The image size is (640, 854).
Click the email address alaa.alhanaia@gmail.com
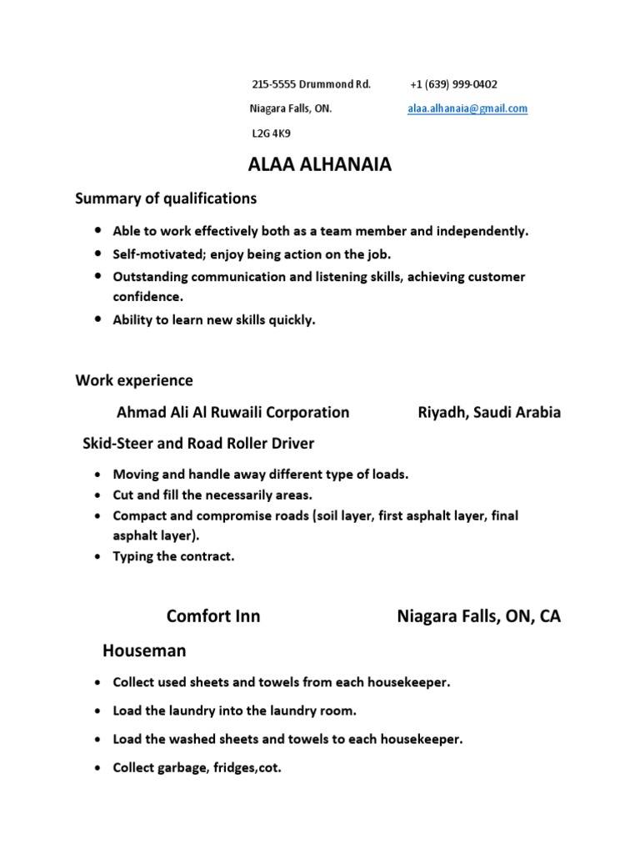coord(467,108)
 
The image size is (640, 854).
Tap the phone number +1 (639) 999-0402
coord(454,84)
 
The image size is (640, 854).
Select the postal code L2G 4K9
coord(271,133)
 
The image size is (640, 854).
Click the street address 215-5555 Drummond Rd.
coord(311,84)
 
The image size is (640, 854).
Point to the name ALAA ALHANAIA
coord(320,165)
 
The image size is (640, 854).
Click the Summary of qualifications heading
coord(166,198)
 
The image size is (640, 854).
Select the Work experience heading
coord(134,380)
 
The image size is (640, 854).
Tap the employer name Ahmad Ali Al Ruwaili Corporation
coord(232,412)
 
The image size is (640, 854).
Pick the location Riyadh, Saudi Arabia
coord(488,412)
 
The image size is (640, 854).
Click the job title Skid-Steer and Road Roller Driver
coord(198,443)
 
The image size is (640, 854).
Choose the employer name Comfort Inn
coord(213,616)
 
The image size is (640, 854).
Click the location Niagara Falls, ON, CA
coord(478,616)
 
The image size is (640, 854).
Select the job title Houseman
coord(144,650)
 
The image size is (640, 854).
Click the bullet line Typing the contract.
coord(173,556)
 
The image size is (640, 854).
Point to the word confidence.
coord(147,296)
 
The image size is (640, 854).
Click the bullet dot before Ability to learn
coord(98,319)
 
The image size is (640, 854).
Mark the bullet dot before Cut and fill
coord(98,495)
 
